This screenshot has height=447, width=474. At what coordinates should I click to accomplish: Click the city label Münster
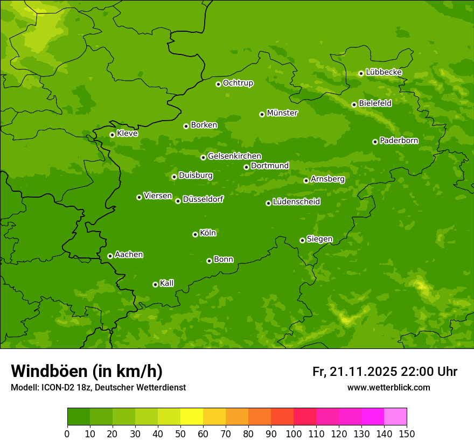282,113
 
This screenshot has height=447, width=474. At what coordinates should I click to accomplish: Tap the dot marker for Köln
195,234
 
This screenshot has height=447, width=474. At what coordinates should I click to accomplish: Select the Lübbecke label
384,72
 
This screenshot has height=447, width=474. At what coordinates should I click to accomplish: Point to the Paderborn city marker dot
375,142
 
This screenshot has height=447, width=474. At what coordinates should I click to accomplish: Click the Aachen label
129,255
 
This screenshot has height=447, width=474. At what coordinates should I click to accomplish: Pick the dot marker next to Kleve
112,135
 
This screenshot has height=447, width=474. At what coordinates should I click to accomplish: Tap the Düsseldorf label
203,199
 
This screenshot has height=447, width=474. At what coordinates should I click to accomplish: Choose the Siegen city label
319,239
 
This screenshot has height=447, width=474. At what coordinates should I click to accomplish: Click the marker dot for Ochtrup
218,83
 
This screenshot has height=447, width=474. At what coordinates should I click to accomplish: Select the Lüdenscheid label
296,202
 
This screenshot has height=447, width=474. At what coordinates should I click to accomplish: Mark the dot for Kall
155,284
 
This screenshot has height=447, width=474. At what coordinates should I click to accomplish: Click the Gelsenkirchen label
234,156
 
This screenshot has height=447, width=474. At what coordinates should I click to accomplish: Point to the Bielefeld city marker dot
354,104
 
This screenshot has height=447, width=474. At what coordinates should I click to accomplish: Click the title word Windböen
49,371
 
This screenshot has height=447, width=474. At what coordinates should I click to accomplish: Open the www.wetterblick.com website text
388,387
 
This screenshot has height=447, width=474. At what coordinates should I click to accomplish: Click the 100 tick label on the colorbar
294,433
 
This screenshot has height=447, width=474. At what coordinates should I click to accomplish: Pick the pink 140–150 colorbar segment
395,417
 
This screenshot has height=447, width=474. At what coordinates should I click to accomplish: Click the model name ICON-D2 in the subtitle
58,387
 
